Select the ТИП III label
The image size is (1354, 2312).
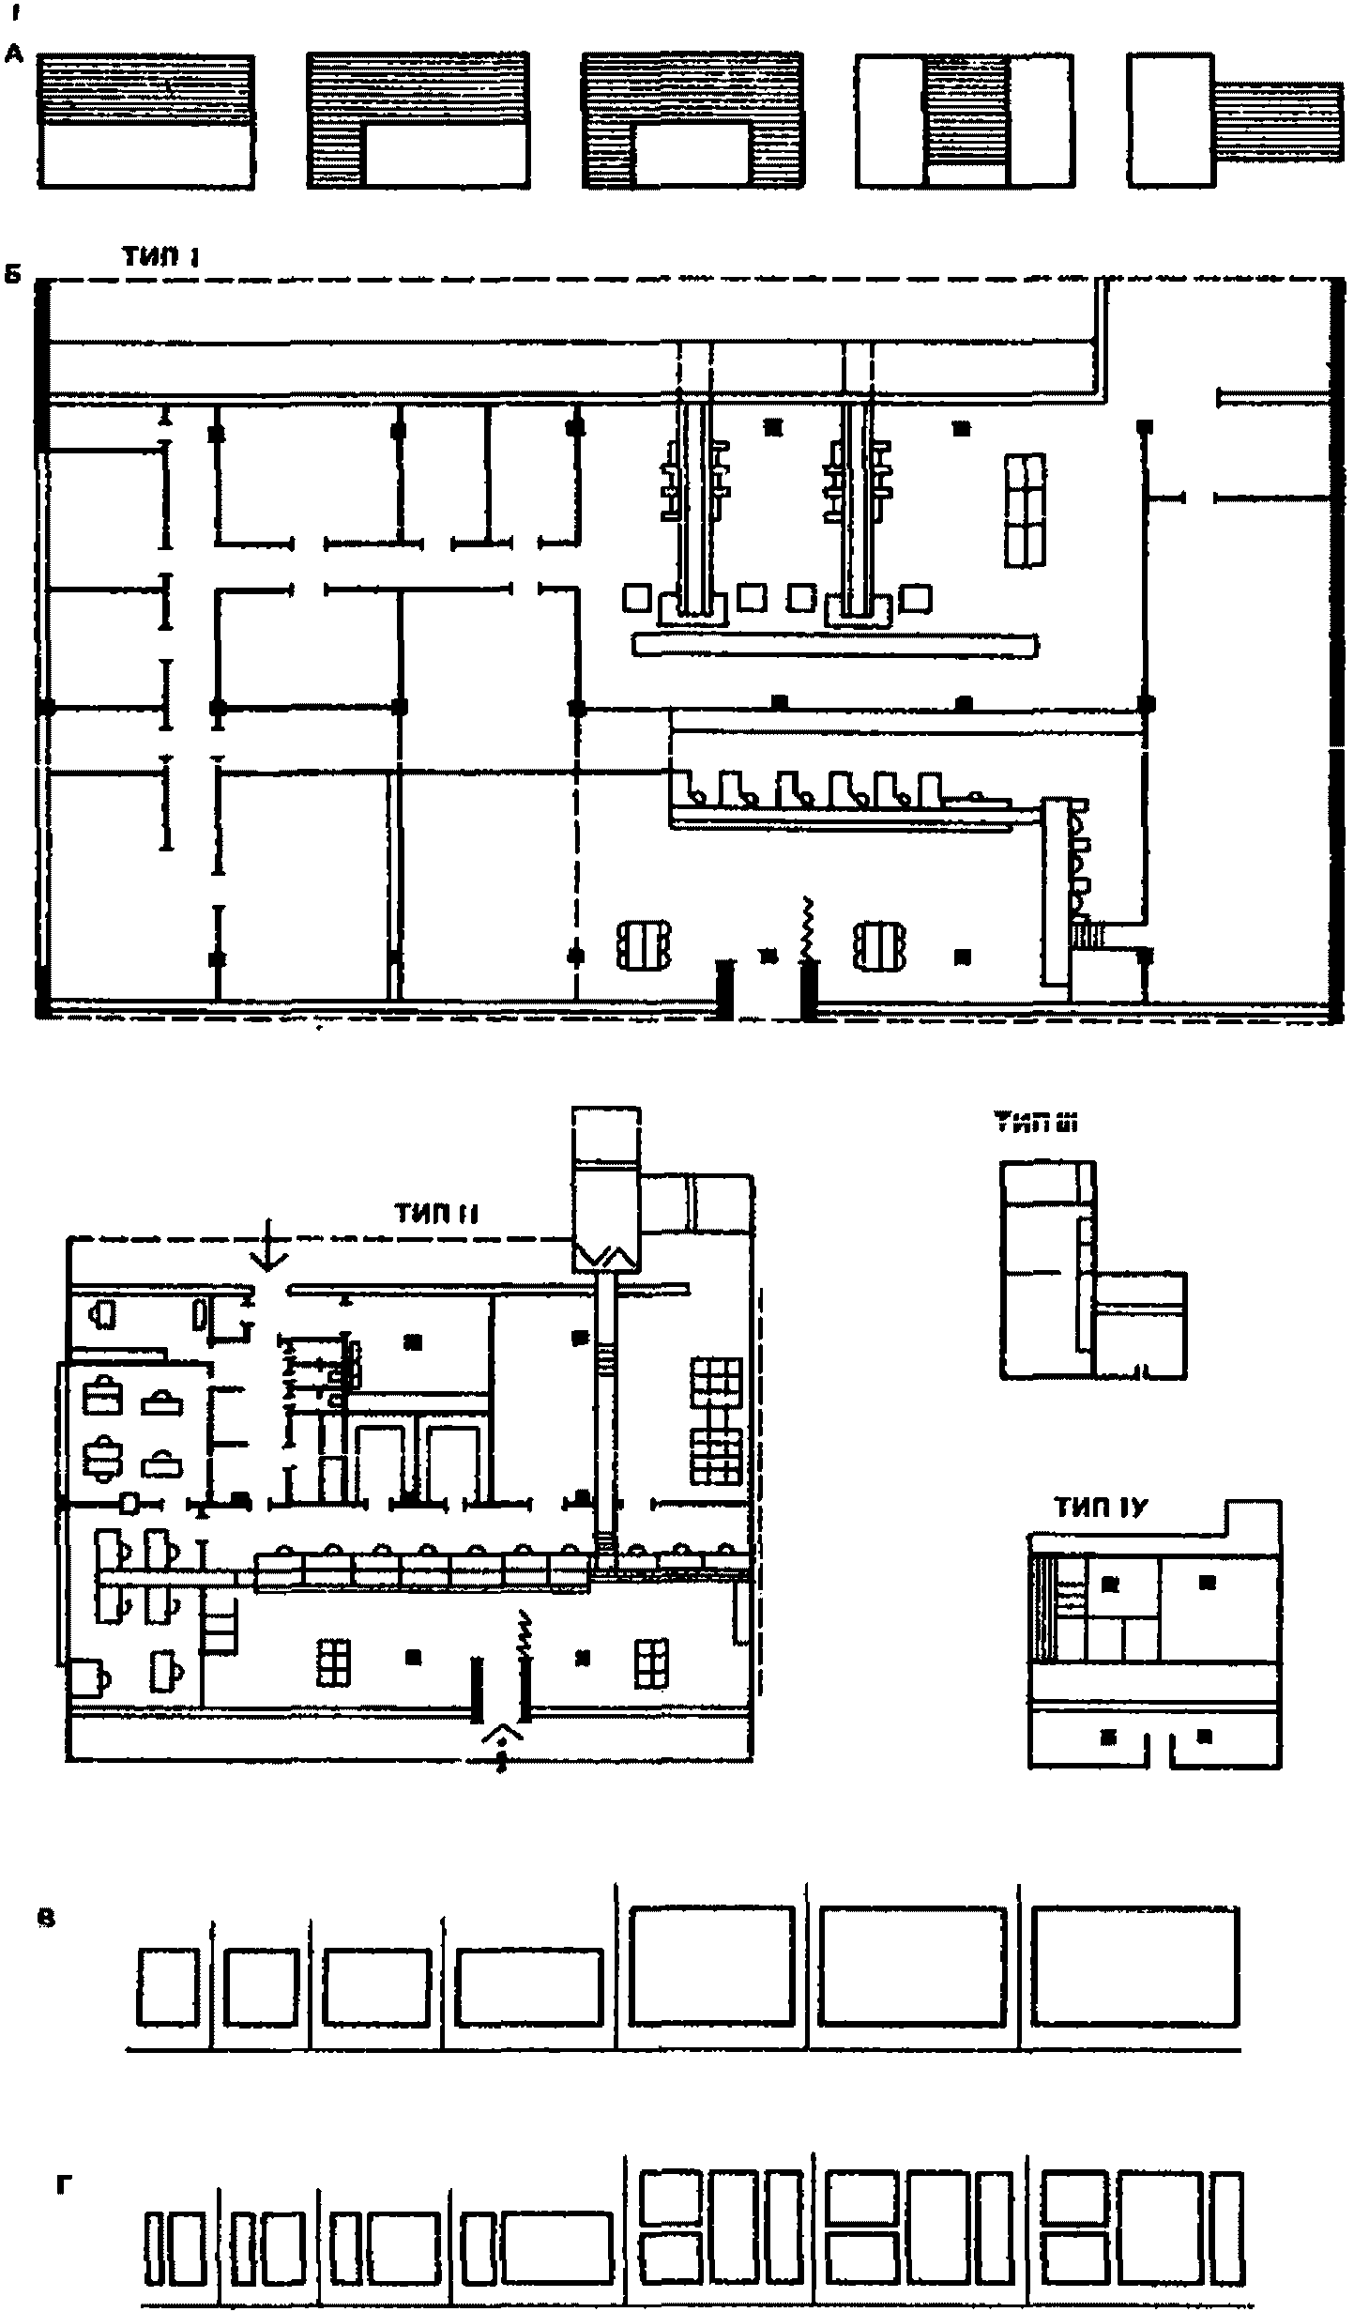1036,1123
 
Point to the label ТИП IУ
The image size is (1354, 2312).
1101,1508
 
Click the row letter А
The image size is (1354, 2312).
14,55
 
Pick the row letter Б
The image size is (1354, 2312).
14,278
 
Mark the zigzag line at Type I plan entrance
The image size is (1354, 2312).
804,929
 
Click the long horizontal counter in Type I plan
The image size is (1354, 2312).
835,645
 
